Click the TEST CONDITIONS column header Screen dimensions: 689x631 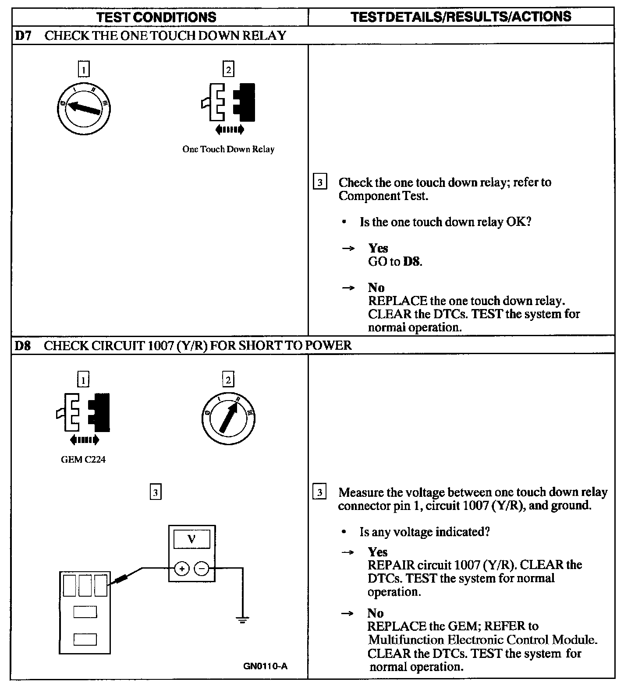pos(156,17)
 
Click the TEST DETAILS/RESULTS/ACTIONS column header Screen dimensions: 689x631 pos(461,17)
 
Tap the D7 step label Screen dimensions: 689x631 pos(23,35)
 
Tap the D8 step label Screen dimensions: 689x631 pos(23,345)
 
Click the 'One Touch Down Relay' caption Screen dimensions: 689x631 pos(228,149)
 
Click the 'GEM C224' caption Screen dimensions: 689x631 pos(83,460)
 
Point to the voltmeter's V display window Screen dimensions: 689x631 pos(191,539)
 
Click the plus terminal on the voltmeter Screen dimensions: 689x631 pos(181,569)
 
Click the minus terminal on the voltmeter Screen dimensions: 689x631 pos(202,569)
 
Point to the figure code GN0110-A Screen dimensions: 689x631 pos(265,667)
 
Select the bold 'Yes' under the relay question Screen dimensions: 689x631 pos(378,248)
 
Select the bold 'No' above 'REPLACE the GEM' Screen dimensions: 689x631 pos(376,613)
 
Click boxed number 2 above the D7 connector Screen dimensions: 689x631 pos(228,69)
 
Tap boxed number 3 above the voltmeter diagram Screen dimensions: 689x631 pos(156,492)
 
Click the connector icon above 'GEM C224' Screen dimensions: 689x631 pos(83,414)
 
